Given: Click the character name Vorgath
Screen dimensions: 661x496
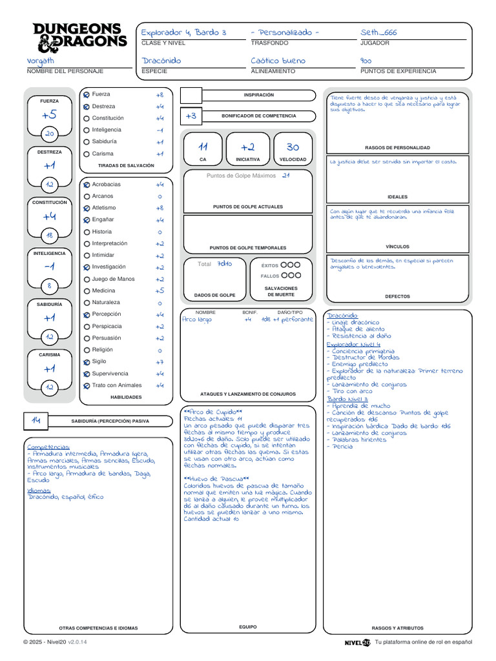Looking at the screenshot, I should click(x=41, y=60).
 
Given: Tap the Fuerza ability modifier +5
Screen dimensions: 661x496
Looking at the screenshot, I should click(x=50, y=115).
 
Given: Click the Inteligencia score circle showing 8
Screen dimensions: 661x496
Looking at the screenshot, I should click(x=50, y=285).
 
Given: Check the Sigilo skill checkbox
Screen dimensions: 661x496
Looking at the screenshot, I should click(x=87, y=362).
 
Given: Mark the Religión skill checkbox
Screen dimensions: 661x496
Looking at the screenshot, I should click(x=87, y=350).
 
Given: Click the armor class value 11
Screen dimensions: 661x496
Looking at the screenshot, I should click(x=203, y=147).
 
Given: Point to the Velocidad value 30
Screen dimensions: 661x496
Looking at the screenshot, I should click(x=293, y=147).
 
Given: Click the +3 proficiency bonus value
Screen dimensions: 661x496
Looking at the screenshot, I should click(x=191, y=116).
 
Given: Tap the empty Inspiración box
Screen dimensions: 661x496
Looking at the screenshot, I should click(x=191, y=96).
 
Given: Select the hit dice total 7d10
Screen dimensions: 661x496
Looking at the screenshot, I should click(x=224, y=263).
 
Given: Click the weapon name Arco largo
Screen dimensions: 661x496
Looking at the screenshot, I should click(x=197, y=319).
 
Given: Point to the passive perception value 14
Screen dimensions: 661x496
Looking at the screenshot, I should click(x=36, y=420).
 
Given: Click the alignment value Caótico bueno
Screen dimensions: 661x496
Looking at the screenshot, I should click(x=278, y=60).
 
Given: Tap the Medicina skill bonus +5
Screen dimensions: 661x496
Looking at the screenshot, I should click(x=160, y=290).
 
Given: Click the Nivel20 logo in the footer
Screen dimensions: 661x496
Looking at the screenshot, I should click(x=357, y=642).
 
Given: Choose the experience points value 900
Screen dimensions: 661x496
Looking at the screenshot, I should click(x=366, y=60).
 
